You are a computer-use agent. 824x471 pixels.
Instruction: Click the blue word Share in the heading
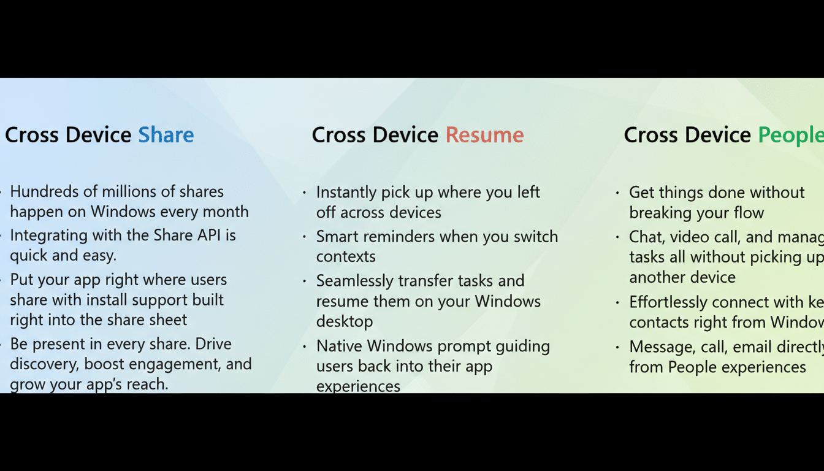click(166, 135)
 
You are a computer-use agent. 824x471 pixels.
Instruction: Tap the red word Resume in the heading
click(484, 135)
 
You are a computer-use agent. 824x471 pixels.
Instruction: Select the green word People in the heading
click(790, 135)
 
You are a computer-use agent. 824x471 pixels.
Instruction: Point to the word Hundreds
click(45, 192)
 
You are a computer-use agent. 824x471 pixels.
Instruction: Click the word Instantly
click(346, 192)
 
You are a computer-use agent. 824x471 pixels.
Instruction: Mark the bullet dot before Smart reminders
click(305, 237)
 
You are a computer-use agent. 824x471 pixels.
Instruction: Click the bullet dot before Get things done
click(617, 193)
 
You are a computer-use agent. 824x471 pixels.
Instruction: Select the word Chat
click(646, 237)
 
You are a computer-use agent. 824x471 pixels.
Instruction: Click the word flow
click(748, 213)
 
